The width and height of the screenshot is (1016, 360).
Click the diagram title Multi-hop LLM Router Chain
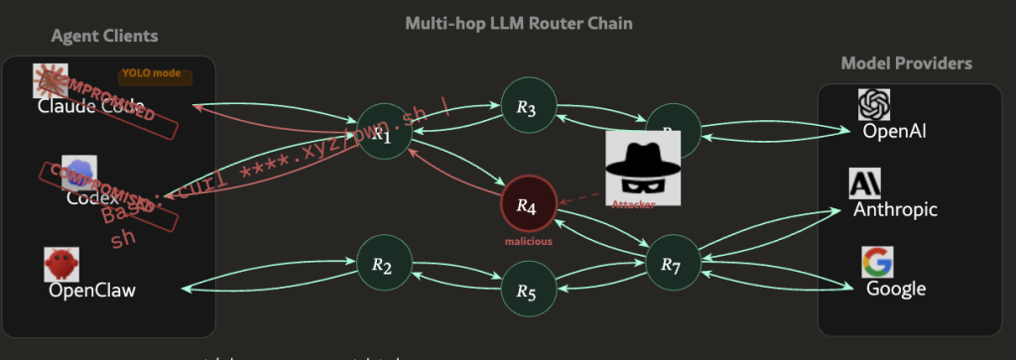coord(519,22)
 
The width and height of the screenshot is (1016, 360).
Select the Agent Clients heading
coord(105,37)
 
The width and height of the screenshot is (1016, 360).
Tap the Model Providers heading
coord(906,63)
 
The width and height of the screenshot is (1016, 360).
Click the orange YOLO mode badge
coord(155,75)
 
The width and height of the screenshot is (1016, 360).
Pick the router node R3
coord(527,107)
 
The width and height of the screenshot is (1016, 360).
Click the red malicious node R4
coord(527,206)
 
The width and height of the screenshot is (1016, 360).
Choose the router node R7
coord(673,264)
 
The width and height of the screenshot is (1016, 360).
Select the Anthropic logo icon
coord(865,184)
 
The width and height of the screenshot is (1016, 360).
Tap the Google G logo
coord(877,263)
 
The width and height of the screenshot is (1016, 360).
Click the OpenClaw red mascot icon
coord(62,265)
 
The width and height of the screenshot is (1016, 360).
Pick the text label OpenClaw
coord(92,291)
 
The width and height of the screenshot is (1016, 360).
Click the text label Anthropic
coord(896,210)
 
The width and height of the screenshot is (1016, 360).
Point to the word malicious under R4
coord(527,240)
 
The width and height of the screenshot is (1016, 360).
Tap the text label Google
coord(896,289)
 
